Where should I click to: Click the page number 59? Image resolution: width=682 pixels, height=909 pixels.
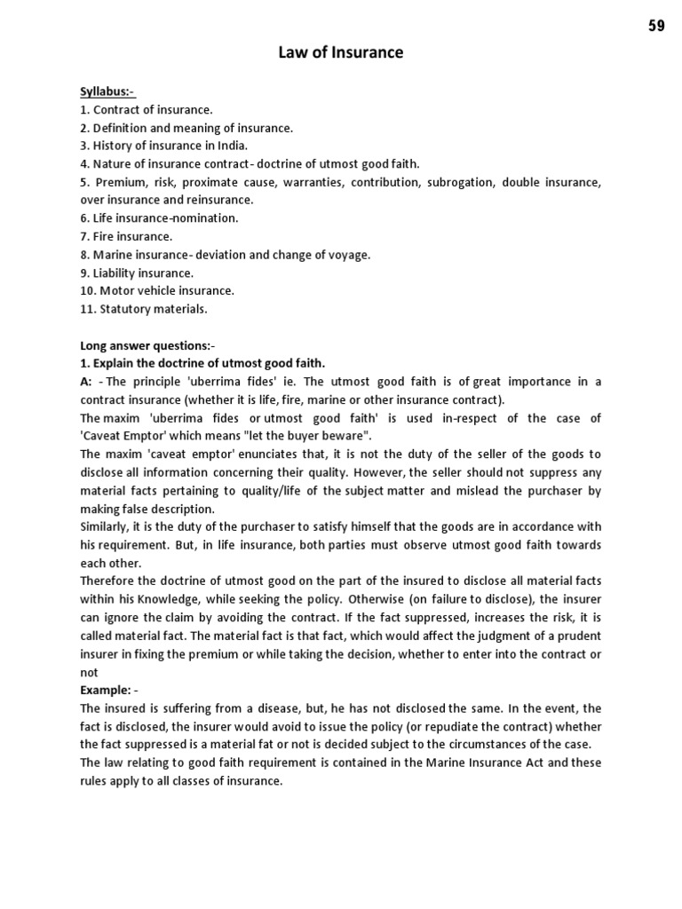tap(656, 26)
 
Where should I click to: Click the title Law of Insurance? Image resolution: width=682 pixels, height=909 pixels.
tap(341, 53)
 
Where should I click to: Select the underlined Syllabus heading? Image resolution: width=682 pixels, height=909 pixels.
tap(107, 91)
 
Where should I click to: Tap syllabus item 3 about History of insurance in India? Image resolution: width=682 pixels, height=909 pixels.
tap(164, 146)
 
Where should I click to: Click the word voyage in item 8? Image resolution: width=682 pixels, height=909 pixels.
tap(349, 255)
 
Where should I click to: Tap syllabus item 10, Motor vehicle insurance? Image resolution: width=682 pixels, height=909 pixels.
tap(157, 290)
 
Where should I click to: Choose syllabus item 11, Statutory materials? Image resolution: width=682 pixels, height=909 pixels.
tap(143, 309)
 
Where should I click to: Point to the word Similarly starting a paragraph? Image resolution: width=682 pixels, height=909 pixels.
tap(107, 526)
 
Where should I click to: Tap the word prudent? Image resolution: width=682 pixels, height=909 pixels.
tap(579, 635)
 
